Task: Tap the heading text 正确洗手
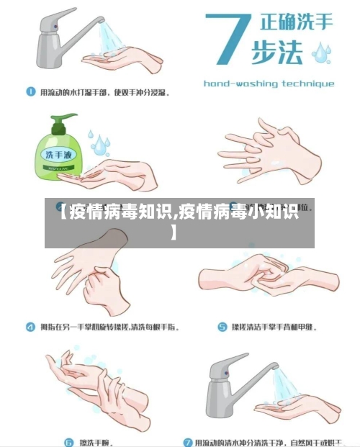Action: (x=291, y=22)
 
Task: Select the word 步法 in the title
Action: (x=278, y=53)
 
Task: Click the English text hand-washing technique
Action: (x=269, y=83)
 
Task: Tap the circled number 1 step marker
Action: (x=31, y=92)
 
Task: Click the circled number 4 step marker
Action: (x=31, y=327)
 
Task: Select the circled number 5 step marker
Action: (x=215, y=327)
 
